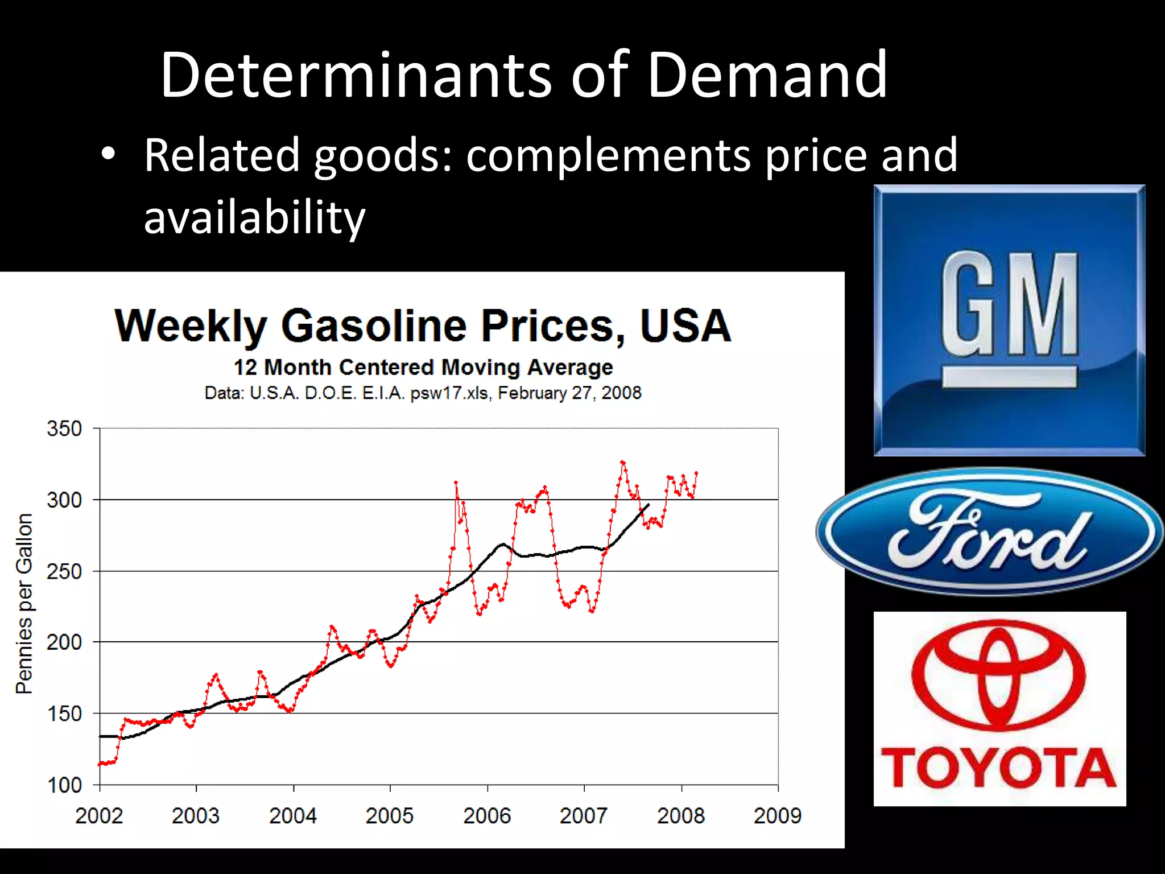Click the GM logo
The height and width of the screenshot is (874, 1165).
point(1009,320)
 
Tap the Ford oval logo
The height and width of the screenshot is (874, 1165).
point(990,531)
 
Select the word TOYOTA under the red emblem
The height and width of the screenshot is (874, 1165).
point(999,768)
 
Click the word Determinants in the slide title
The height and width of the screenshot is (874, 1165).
point(356,75)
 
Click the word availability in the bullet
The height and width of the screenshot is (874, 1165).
point(254,217)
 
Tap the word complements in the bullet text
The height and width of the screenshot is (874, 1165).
point(608,155)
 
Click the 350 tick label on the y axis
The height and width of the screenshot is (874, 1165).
point(64,428)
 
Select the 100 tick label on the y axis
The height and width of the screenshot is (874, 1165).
point(64,785)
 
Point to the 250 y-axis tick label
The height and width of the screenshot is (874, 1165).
point(64,571)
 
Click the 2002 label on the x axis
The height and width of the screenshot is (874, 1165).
point(99,816)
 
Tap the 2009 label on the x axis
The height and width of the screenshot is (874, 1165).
point(778,816)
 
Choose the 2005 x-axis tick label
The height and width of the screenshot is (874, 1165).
point(390,816)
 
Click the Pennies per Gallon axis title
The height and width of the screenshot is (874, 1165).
point(24,603)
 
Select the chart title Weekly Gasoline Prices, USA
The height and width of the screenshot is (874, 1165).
point(423,325)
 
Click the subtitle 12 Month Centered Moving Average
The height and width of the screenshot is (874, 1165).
point(423,368)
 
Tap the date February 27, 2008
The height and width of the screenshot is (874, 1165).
point(569,393)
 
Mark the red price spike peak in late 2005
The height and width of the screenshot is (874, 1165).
point(456,483)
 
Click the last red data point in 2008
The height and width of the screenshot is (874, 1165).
point(696,473)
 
